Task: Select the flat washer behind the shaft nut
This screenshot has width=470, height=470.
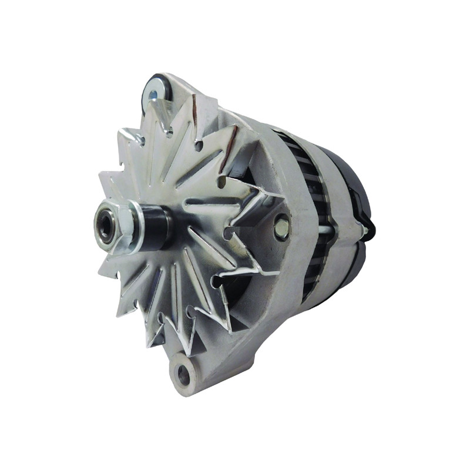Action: click(136, 227)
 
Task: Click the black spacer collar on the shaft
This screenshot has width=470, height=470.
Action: click(157, 227)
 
